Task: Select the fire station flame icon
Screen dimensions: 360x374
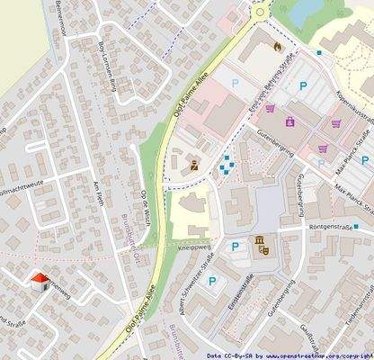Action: (277, 47)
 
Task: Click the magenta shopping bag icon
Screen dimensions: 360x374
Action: (289, 121)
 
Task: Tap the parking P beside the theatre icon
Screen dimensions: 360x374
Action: (236, 247)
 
